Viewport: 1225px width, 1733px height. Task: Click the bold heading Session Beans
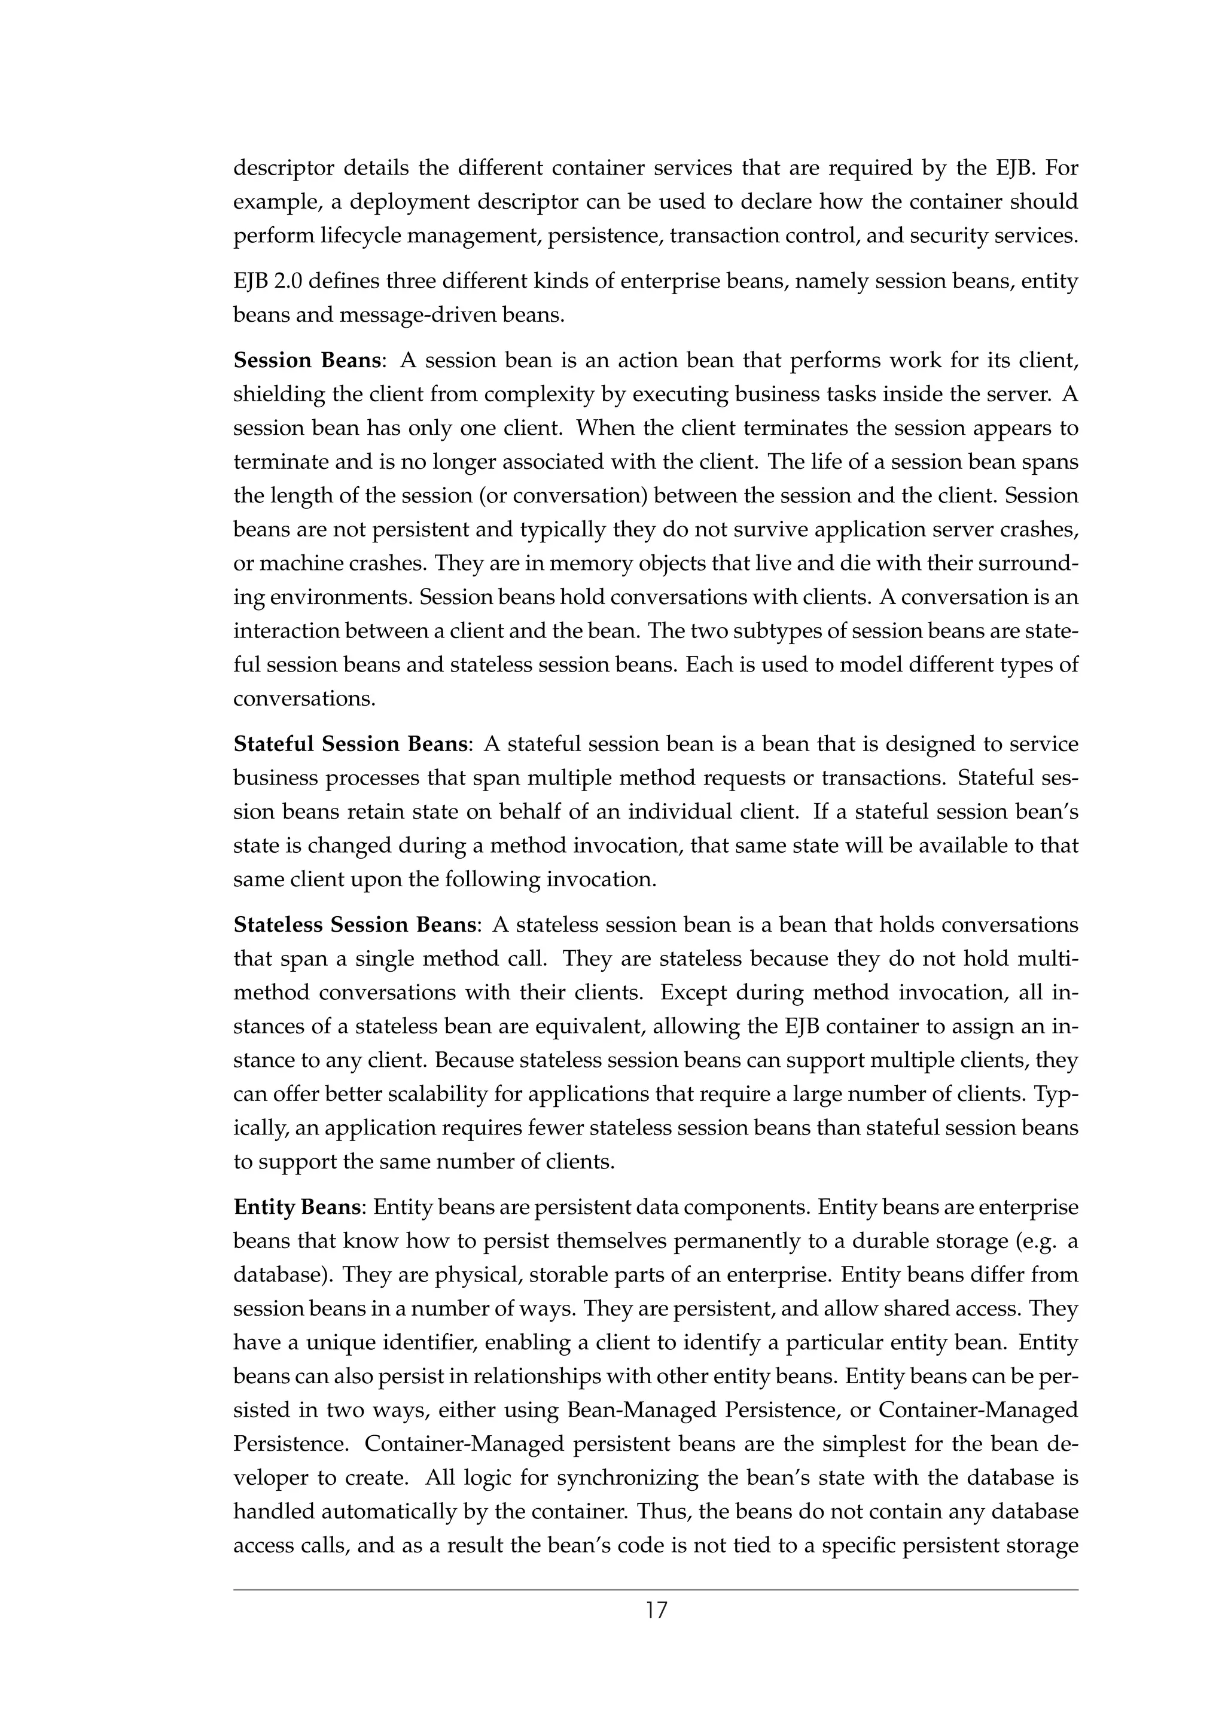pos(306,360)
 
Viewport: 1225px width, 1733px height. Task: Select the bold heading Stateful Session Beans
pos(351,745)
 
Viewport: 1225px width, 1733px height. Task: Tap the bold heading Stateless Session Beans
pos(355,925)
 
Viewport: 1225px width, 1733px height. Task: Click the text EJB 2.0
pos(268,282)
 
